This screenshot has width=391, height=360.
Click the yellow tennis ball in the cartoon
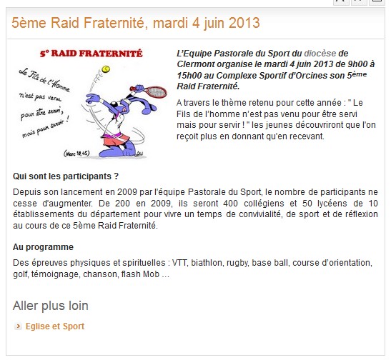click(106, 69)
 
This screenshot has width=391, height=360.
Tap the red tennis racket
click(150, 91)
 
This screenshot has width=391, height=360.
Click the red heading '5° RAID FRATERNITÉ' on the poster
click(91, 54)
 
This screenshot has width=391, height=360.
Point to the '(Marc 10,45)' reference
click(76, 153)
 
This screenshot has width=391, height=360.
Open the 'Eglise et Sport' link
click(55, 326)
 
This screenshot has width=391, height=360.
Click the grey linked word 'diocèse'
click(320, 54)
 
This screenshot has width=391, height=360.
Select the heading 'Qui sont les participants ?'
click(66, 176)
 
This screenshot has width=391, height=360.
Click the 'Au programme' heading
click(43, 247)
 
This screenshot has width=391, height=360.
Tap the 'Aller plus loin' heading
click(51, 306)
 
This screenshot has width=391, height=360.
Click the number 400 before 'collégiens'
click(230, 204)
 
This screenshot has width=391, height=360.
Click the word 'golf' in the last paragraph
click(20, 274)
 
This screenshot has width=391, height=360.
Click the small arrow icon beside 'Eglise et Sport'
click(18, 326)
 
